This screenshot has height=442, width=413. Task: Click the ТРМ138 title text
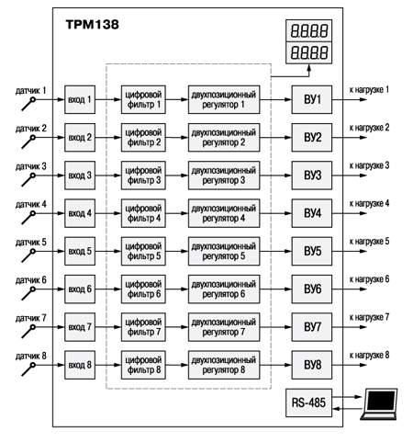point(92,25)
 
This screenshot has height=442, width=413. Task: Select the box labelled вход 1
point(80,99)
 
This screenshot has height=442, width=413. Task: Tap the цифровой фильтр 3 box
point(143,176)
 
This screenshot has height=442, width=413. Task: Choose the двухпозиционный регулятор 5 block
point(224,251)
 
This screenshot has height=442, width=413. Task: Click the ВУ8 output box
point(312,365)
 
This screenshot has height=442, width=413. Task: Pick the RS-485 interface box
point(308,402)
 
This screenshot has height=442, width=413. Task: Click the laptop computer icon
point(379,404)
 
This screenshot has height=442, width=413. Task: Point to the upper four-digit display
point(308,30)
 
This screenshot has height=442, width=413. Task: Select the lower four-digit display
point(308,52)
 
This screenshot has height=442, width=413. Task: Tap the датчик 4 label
point(31,204)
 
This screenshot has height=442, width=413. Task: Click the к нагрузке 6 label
point(369,279)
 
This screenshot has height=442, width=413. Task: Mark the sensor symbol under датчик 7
point(28,332)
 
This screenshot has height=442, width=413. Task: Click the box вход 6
point(80,289)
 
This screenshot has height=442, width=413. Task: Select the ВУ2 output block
point(312,137)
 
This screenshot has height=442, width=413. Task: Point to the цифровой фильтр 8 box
point(143,365)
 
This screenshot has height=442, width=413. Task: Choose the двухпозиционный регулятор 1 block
point(224,99)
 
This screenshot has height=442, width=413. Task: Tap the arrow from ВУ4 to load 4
point(350,213)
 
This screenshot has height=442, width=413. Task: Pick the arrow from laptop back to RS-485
point(348,409)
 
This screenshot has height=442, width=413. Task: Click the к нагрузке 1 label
point(369,90)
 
